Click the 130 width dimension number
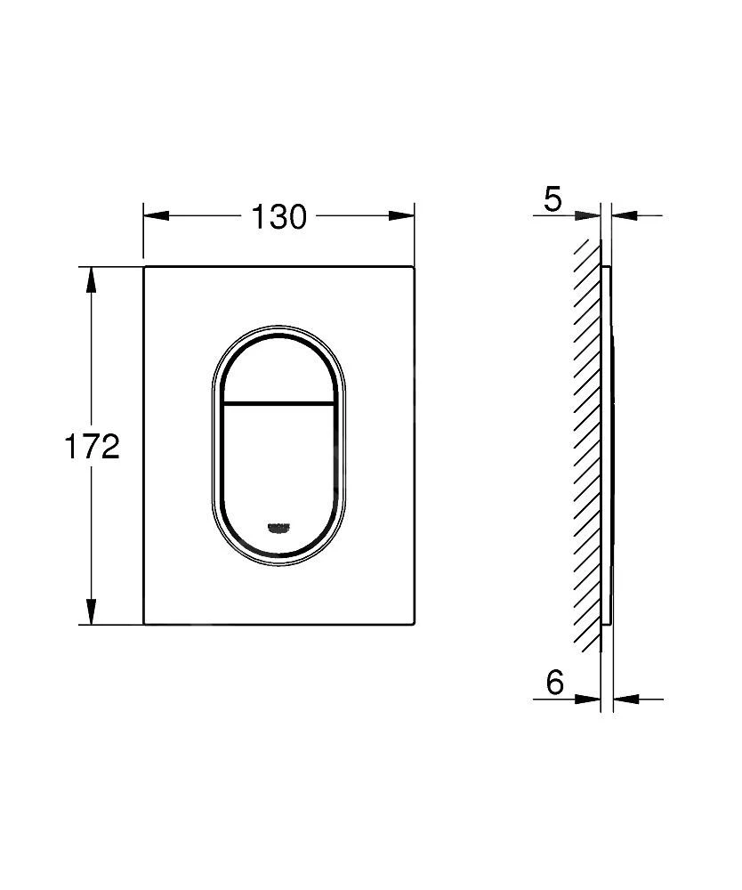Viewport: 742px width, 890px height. pyautogui.click(x=278, y=216)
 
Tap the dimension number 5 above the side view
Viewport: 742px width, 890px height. pyautogui.click(x=552, y=199)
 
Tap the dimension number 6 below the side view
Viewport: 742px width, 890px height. pyautogui.click(x=554, y=683)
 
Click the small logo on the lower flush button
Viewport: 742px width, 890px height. pyautogui.click(x=278, y=529)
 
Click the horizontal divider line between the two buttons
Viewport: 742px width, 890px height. pyautogui.click(x=278, y=403)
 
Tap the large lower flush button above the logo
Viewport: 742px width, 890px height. pyautogui.click(x=278, y=463)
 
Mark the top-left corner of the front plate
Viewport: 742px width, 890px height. pyautogui.click(x=145, y=266)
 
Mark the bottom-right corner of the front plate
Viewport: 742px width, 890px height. pyautogui.click(x=414, y=623)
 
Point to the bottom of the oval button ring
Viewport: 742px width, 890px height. pyautogui.click(x=278, y=564)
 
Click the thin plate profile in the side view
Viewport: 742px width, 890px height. pyautogui.click(x=608, y=445)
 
